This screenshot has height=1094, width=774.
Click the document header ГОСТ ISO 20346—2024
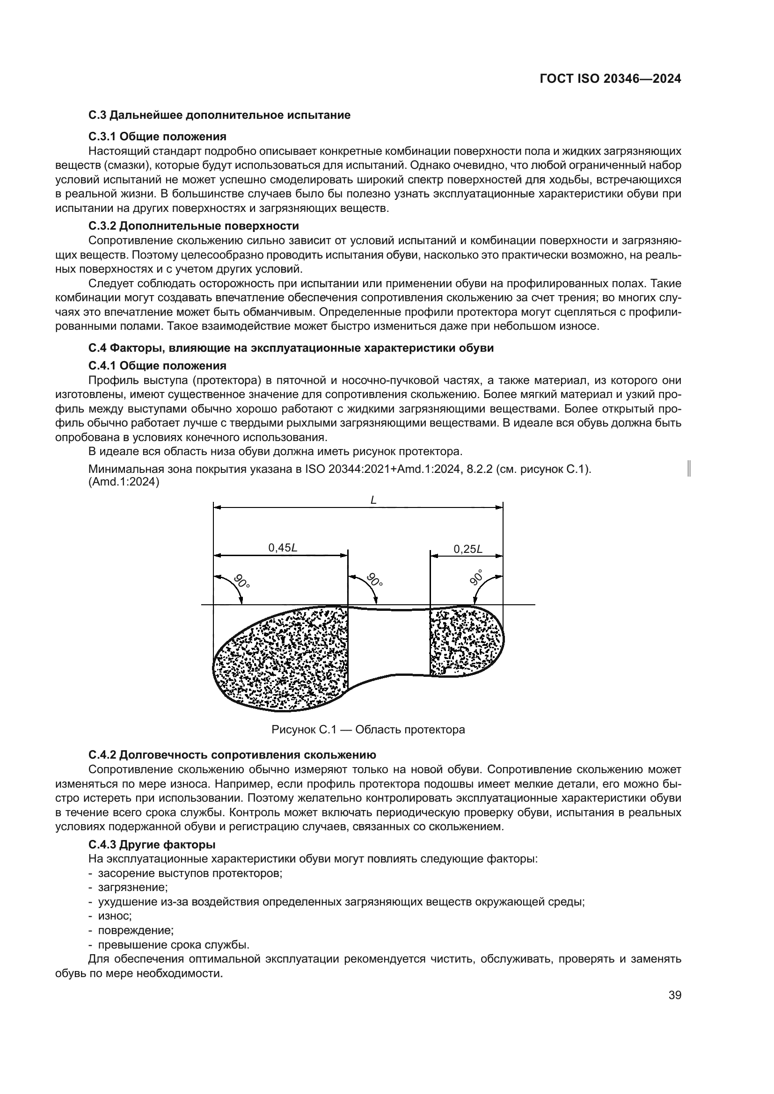click(x=610, y=79)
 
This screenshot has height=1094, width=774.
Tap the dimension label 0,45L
click(x=283, y=548)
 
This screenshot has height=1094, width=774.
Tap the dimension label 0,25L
click(x=467, y=549)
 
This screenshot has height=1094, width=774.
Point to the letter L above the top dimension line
click(x=373, y=500)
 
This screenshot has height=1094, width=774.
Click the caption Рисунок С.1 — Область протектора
click(x=368, y=730)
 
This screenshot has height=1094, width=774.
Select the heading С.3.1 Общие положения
click(x=157, y=137)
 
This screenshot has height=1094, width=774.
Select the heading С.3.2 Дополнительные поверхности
click(x=194, y=225)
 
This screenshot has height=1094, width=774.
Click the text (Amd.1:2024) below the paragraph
click(x=124, y=482)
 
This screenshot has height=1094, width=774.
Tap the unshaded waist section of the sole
click(x=388, y=641)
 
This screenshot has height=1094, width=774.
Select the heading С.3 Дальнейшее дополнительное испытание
click(x=219, y=116)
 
